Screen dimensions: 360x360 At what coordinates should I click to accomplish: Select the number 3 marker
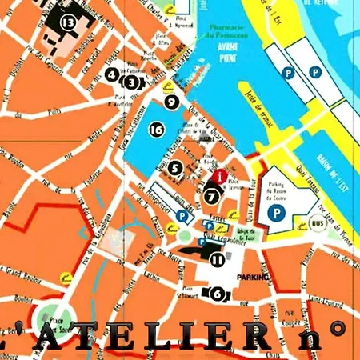tap(130, 80)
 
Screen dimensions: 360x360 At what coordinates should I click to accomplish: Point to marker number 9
tap(170, 102)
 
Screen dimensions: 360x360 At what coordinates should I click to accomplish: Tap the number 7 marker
tap(211, 193)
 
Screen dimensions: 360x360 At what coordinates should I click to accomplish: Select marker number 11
tap(216, 258)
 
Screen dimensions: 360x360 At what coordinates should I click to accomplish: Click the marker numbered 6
tap(217, 294)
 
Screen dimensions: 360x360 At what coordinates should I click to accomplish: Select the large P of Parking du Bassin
tap(277, 213)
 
